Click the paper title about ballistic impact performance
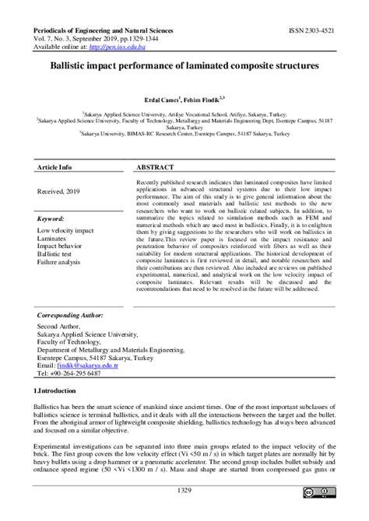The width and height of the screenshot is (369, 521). (x=184, y=68)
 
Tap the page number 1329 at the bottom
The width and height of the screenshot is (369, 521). (x=184, y=491)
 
